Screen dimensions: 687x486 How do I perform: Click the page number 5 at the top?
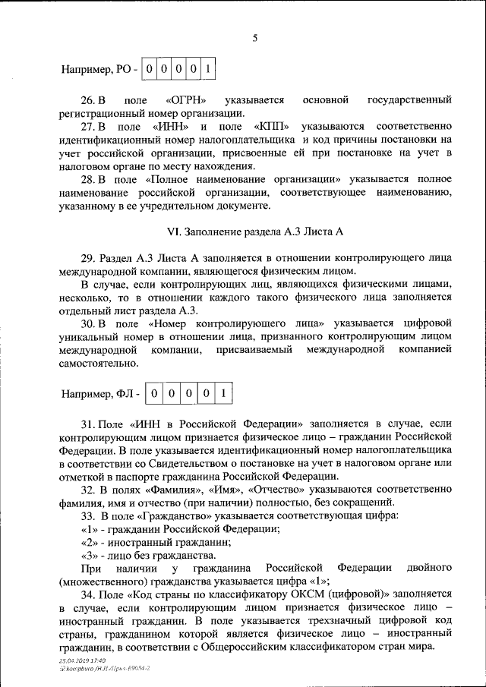click(x=256, y=38)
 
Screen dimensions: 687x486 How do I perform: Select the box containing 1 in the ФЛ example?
click(x=223, y=394)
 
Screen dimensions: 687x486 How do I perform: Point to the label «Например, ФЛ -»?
click(x=101, y=395)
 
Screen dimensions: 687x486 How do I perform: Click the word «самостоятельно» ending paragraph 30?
click(x=98, y=363)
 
